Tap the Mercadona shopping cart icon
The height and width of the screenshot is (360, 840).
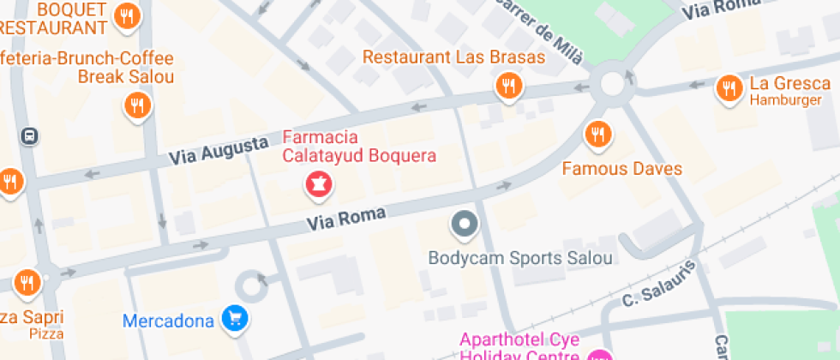tap(235, 319)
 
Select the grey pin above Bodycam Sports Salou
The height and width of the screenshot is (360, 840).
tap(464, 225)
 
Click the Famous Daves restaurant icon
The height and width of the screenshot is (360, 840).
tap(597, 134)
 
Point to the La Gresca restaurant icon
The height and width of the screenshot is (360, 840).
tap(728, 87)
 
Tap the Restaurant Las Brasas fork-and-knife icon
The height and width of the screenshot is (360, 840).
tap(508, 85)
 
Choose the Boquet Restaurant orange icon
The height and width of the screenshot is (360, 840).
tap(127, 15)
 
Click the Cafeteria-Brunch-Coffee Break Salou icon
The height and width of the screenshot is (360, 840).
tap(135, 105)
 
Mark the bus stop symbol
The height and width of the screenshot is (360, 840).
tap(30, 135)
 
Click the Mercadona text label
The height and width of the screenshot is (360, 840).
tap(167, 321)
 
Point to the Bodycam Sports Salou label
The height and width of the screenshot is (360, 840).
tap(520, 258)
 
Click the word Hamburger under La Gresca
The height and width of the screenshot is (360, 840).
tap(785, 100)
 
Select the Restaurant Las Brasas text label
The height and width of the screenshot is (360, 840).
tap(453, 57)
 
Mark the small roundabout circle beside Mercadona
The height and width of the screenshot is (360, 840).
tap(253, 287)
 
